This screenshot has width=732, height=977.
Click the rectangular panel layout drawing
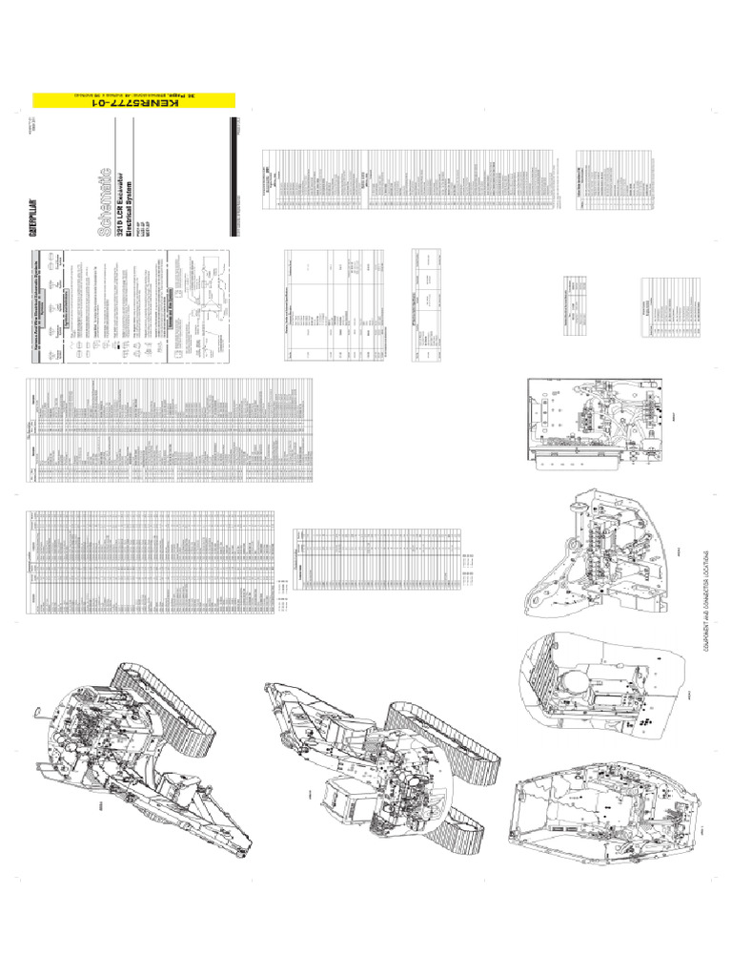591,420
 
